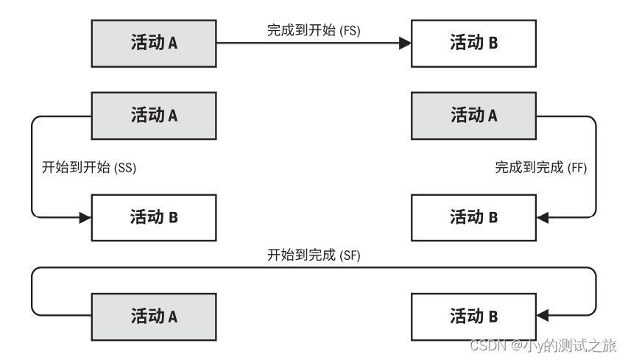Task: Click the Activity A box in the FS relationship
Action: [153, 43]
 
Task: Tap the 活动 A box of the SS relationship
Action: [153, 116]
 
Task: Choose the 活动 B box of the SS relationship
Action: [153, 216]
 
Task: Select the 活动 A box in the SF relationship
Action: [153, 317]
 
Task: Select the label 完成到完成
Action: [529, 167]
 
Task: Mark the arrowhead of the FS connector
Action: [404, 43]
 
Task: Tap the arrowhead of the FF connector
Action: [543, 217]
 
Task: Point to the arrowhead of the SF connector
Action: [543, 317]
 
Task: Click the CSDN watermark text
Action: [543, 345]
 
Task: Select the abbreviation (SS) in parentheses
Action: [126, 167]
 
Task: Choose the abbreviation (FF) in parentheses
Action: [578, 167]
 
